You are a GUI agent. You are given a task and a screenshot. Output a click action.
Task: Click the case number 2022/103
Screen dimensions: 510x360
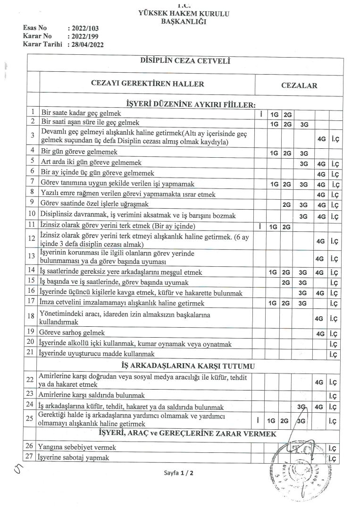(86, 28)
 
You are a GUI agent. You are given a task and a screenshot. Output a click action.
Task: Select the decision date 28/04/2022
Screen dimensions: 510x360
(86, 44)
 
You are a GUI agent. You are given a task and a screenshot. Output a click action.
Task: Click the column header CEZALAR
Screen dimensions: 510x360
(299, 85)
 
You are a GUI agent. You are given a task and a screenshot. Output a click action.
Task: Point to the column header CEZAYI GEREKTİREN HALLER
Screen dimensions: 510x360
(147, 84)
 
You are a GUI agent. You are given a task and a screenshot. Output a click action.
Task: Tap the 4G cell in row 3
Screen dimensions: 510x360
(321, 139)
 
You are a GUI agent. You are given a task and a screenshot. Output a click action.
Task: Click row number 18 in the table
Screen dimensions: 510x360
(32, 316)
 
